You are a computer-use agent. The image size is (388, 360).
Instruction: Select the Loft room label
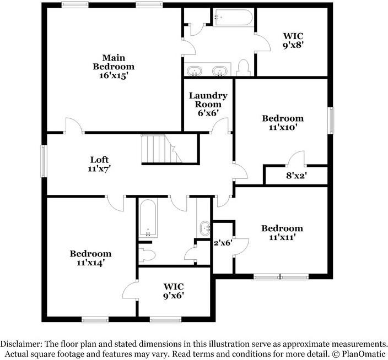(99, 164)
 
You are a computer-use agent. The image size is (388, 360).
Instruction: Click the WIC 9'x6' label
(173, 291)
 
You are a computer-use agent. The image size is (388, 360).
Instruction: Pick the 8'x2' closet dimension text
(295, 176)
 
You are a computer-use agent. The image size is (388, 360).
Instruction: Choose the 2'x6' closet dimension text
(223, 242)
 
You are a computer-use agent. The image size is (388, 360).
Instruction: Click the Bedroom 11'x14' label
(90, 258)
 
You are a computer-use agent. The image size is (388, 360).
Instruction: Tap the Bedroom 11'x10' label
(282, 123)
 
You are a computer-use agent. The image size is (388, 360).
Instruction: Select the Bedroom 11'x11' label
(282, 233)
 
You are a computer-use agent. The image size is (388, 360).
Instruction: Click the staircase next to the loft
(158, 149)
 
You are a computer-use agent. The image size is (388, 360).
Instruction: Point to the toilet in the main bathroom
(244, 68)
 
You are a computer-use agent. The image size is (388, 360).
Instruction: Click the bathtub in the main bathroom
(233, 18)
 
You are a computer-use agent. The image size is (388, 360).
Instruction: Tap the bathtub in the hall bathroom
(148, 218)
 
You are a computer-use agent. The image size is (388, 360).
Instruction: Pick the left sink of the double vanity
(194, 71)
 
